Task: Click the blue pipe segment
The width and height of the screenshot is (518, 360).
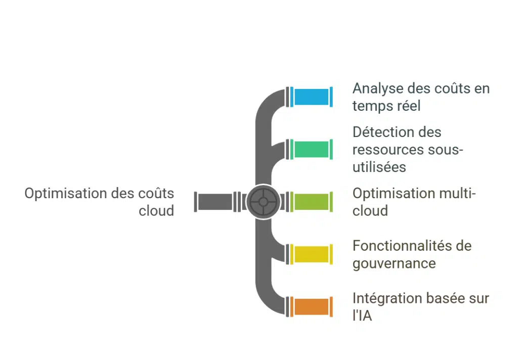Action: (312, 97)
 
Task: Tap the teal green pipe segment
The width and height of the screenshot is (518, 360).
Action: (312, 149)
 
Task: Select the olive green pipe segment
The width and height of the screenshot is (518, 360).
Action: (312, 202)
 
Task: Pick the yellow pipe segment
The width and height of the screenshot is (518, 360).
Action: (312, 254)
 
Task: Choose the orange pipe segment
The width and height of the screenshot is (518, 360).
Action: (312, 307)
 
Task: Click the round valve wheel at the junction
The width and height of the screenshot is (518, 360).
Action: (263, 202)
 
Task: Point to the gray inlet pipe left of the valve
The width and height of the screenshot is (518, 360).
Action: (214, 202)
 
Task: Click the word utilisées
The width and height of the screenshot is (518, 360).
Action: (379, 167)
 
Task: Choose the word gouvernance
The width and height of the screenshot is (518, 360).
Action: (394, 263)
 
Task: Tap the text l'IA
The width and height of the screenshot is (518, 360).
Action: (362, 317)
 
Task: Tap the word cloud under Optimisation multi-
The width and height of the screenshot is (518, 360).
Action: (370, 211)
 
